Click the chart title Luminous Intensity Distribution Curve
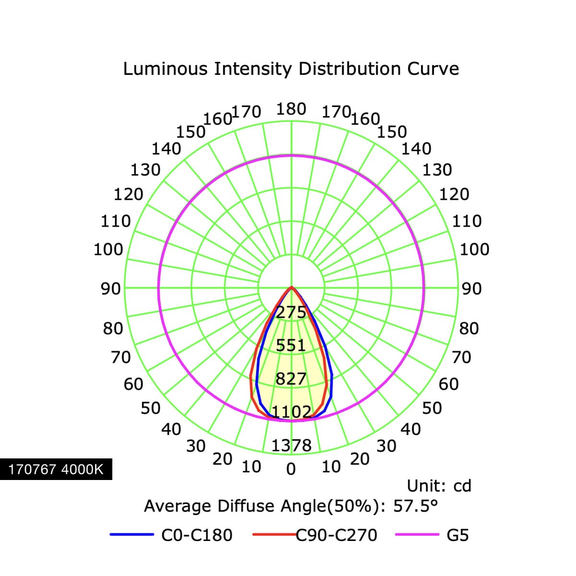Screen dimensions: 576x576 (x=291, y=69)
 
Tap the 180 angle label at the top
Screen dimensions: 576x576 (x=291, y=109)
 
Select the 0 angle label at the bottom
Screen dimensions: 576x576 (x=291, y=469)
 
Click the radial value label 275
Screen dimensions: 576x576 (x=291, y=312)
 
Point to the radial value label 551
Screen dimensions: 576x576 (x=291, y=346)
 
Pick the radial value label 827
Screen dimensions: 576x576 (x=291, y=379)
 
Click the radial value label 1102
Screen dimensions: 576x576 (x=291, y=412)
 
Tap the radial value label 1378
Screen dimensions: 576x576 (x=291, y=445)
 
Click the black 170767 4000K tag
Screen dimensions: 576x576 (x=56, y=469)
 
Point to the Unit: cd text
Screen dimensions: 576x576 (x=439, y=486)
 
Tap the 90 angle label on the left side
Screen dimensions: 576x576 (x=110, y=289)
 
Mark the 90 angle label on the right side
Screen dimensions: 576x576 (x=472, y=289)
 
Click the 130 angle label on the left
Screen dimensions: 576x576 (x=145, y=170)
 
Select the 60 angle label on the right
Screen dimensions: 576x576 (x=448, y=384)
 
